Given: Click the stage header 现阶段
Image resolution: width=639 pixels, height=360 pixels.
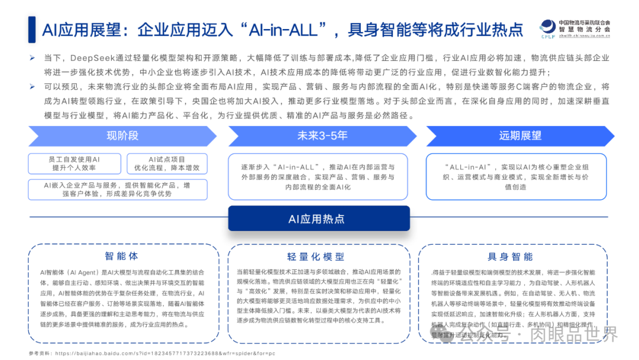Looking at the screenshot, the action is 122,136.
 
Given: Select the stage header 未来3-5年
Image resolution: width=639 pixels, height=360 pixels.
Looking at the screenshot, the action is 322,136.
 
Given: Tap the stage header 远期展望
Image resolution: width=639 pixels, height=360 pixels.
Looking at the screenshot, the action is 519,136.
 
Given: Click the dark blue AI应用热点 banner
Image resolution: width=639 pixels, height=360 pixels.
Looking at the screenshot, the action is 319,218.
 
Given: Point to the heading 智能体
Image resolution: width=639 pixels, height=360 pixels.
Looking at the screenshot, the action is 121,256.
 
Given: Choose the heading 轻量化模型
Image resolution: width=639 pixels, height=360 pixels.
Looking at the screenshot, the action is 319,256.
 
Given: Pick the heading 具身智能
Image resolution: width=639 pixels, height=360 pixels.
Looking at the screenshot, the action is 510,256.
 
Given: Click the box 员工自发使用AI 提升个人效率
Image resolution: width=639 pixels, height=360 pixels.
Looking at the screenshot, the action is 74,163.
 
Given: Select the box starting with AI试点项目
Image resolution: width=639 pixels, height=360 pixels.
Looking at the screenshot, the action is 166,163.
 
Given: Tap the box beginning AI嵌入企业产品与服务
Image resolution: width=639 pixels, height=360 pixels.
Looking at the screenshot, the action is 117,189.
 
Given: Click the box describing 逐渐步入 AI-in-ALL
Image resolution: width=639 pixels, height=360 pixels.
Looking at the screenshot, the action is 318,177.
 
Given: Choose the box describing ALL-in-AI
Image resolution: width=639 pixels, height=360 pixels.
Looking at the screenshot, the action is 517,177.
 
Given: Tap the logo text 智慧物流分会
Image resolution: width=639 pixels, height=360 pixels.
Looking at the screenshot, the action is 586,29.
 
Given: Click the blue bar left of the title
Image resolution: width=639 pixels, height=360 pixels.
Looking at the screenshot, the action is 31,29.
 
